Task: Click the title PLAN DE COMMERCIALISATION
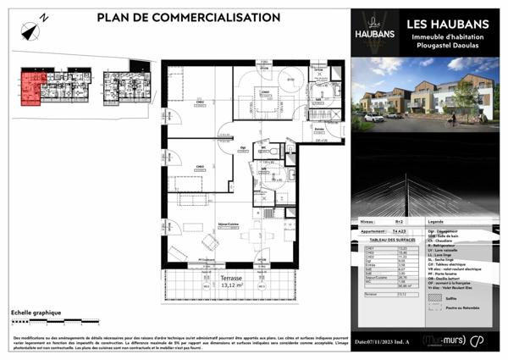[x=188, y=17]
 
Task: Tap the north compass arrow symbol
[x=32, y=31]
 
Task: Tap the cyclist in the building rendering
[x=453, y=119]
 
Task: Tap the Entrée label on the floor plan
[x=319, y=129]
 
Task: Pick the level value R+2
[x=399, y=221]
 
